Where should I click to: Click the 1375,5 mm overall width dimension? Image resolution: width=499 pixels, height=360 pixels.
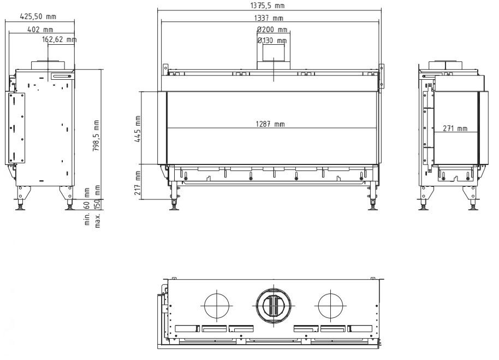tap(268, 5)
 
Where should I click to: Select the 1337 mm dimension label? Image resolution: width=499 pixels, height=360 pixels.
tap(269, 18)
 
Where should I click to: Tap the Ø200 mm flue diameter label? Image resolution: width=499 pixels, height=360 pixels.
tap(272, 29)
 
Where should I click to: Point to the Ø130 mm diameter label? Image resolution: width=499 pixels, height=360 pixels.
tap(272, 40)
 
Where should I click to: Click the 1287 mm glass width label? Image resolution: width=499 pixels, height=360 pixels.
tap(270, 124)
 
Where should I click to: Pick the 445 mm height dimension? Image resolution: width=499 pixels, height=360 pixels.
tap(138, 129)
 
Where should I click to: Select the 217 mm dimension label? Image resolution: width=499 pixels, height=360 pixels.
tap(138, 183)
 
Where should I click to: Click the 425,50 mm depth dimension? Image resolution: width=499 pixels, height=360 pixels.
tap(38, 16)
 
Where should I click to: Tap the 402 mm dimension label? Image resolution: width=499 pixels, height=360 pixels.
tap(40, 29)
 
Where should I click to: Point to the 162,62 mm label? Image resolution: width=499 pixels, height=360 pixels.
tap(60, 39)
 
